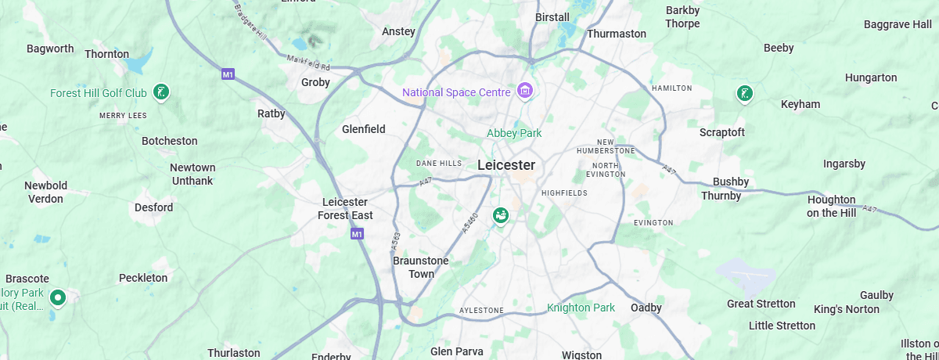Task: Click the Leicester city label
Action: coord(506,165)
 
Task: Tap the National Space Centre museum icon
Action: coord(525,92)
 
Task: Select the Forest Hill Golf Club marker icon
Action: coord(161,92)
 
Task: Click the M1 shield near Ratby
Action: coord(228,74)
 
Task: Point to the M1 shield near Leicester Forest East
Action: coord(357,234)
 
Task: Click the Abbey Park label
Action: coord(514,133)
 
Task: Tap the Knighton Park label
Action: coord(581,308)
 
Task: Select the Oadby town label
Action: coord(646,308)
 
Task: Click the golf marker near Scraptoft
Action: coord(744,94)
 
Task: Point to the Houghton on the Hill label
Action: coord(831,206)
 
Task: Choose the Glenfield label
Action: coord(364,129)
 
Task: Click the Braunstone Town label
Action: coord(421,267)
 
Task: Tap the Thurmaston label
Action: coord(617,34)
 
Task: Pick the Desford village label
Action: coord(153,207)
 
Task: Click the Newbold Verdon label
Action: coord(45,192)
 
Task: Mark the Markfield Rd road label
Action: coord(309,63)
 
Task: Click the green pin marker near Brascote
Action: coord(57,297)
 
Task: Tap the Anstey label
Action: coord(398,32)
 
